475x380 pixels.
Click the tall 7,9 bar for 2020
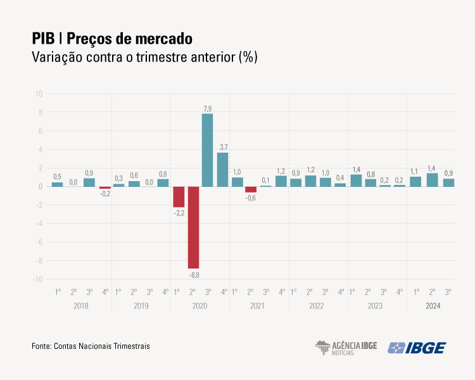tap(207, 150)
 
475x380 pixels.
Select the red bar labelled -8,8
tap(193, 227)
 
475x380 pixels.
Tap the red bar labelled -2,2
tap(178, 197)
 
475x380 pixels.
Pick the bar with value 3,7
tap(222, 170)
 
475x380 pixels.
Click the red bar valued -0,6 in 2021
tap(251, 189)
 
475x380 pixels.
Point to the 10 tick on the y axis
tap(39, 94)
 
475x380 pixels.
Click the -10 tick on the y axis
tap(37, 279)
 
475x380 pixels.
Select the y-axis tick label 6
tap(40, 131)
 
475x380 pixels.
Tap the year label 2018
tap(81, 306)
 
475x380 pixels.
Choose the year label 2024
tap(433, 306)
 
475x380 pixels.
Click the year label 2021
tap(257, 306)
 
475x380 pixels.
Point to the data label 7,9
tap(207, 109)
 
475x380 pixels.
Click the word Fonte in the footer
tap(41, 346)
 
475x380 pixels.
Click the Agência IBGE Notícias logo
tap(346, 348)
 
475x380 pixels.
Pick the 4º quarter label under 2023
tap(400, 292)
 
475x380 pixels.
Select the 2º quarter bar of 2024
tap(432, 180)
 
